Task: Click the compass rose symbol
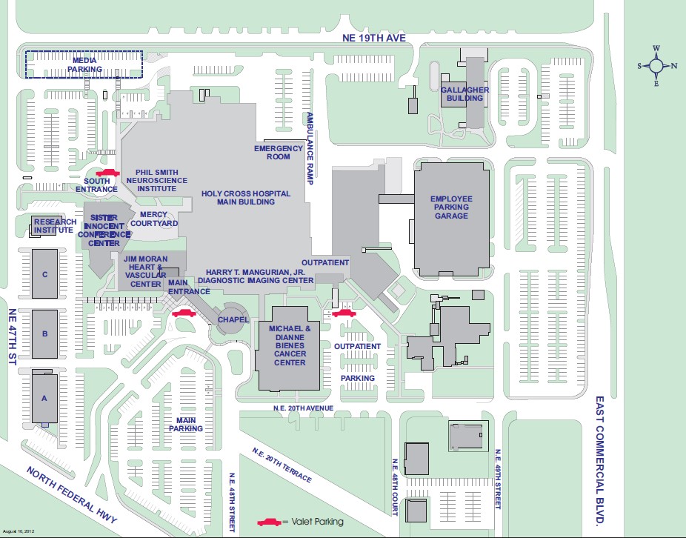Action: coord(656,65)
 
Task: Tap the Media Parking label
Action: coord(84,64)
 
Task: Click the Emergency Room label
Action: coord(279,152)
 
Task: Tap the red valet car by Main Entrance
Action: coord(183,313)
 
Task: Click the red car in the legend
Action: coord(267,522)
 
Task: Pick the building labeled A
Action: coord(44,398)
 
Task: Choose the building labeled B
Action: coord(44,333)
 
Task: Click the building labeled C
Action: coord(44,274)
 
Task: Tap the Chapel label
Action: coord(233,319)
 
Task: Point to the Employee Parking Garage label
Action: coord(450,207)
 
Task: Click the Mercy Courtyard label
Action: coord(154,219)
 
